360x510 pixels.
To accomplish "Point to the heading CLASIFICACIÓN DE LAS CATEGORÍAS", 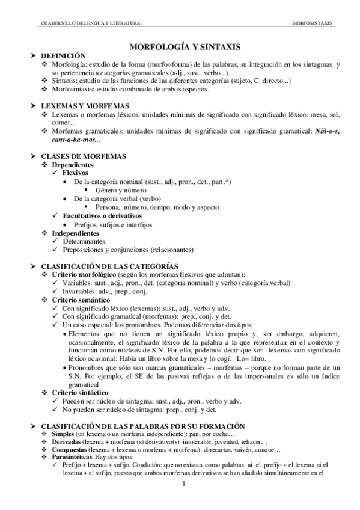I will [x=109, y=265].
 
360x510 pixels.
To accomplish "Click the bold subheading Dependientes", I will [x=72, y=164].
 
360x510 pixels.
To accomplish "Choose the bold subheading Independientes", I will [x=75, y=232].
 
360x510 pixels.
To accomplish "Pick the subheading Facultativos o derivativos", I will [x=102, y=215].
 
